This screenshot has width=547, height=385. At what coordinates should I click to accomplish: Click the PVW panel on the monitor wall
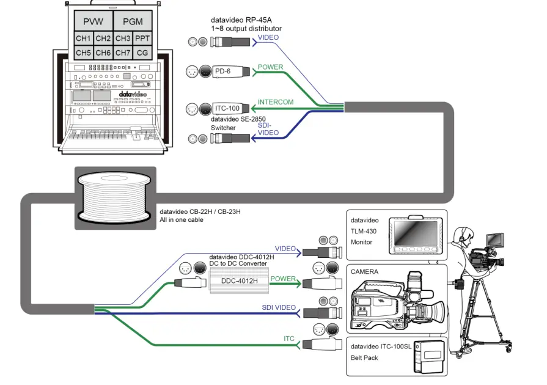click(x=93, y=21)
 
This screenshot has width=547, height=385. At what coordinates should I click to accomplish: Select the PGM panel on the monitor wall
click(x=132, y=21)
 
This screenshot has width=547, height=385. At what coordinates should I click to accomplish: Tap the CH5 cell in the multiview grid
click(x=84, y=53)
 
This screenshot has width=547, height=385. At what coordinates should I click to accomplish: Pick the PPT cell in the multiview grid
click(x=142, y=39)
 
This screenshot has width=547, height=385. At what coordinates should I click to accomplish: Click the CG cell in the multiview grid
click(x=142, y=53)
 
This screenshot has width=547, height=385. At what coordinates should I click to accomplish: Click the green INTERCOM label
click(x=276, y=103)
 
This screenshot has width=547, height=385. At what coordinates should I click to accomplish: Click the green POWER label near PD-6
click(x=270, y=67)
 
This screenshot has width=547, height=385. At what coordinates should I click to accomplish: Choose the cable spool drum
click(x=115, y=197)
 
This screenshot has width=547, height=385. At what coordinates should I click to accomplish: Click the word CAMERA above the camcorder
click(x=364, y=271)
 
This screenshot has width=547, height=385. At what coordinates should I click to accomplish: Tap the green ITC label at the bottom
click(x=289, y=338)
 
